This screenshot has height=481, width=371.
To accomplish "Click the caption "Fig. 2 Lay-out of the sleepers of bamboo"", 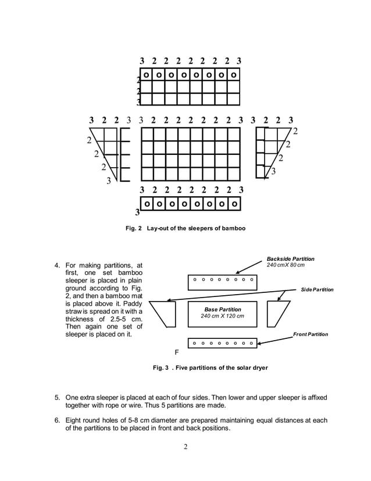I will coord(185,228).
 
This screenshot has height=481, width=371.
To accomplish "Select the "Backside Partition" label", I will coord(290,259).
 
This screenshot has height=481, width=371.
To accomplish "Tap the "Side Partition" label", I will coord(317,289).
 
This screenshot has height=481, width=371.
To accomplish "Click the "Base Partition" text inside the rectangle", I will coord(223,309).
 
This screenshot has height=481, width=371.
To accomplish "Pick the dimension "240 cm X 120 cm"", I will coord(223,316).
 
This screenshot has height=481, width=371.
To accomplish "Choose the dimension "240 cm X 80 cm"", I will coord(286,266).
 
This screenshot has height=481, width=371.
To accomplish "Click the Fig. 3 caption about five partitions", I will coord(211,367).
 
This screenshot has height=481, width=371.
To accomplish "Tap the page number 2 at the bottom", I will coord(185,448).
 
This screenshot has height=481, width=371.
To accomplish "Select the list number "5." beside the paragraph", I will coord(58,397).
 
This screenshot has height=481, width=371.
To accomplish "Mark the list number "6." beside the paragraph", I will coord(58,420).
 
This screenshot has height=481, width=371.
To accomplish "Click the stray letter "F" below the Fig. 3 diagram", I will coord(177,353).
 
